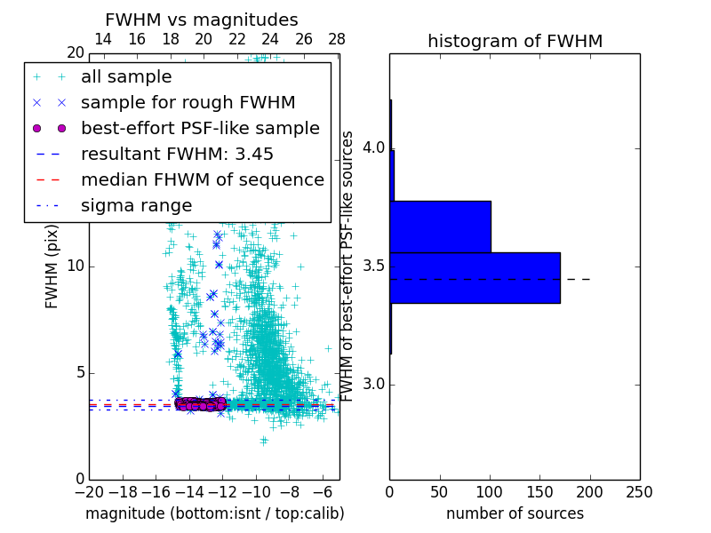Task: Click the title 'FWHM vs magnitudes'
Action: (x=202, y=20)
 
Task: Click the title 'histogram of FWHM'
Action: (x=515, y=41)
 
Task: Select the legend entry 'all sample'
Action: (x=126, y=77)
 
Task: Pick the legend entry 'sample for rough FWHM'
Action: (x=188, y=103)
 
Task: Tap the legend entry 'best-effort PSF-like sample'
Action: (x=200, y=128)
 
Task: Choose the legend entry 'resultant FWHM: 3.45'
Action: (x=177, y=154)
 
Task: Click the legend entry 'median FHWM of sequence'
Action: (x=203, y=179)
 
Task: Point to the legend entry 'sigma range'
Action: (x=136, y=205)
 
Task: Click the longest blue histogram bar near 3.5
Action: (x=475, y=278)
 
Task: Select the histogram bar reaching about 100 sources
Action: (x=440, y=227)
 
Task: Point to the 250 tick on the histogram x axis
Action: (x=639, y=492)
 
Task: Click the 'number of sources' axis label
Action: (x=515, y=513)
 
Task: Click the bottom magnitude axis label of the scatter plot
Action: (x=214, y=513)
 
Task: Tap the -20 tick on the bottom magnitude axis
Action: (x=89, y=492)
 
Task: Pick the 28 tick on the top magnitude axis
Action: (x=336, y=39)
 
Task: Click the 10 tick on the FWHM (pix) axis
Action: (x=76, y=266)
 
